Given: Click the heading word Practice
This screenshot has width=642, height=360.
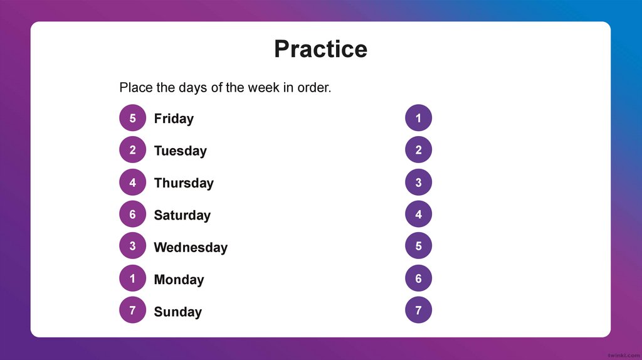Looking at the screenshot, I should (320, 49).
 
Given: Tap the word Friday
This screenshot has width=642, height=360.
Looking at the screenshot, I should (174, 119).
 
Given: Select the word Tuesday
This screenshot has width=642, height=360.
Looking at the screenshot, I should (180, 151).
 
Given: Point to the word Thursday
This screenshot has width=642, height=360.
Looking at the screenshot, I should (184, 183).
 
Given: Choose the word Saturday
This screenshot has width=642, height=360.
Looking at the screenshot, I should (182, 215).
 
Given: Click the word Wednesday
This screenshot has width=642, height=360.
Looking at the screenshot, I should (191, 247).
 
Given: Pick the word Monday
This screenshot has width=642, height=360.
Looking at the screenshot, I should (179, 280).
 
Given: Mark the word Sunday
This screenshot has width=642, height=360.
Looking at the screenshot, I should (177, 312).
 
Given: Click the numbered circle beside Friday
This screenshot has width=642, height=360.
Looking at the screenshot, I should (132, 118).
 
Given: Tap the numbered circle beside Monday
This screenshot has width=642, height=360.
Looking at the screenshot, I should (132, 279).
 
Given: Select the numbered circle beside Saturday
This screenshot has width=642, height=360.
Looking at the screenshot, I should (132, 214).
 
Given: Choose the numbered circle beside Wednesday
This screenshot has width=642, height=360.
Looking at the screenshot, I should (132, 246).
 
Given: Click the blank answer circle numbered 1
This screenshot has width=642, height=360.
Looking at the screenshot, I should (418, 118).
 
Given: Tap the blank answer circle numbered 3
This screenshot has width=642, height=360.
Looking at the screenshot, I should (418, 183).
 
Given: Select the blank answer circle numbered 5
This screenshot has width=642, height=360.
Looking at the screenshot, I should (418, 246).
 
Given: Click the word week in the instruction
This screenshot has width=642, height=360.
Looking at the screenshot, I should (263, 88).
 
